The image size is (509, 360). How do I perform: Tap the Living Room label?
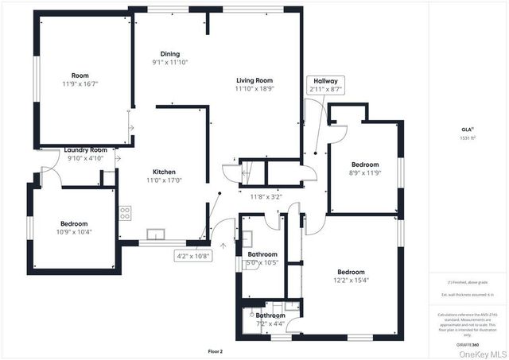[x=254, y=80]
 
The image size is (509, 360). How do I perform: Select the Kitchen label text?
[x=164, y=172]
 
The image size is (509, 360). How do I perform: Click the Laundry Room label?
[x=86, y=149]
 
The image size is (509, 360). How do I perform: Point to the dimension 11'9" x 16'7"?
[x=80, y=83]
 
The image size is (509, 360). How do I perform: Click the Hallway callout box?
[x=325, y=85]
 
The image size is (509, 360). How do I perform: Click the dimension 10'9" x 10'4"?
[x=74, y=232]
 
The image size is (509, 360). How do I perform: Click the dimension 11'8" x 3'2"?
[x=266, y=196]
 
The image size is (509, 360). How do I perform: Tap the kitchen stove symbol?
[x=125, y=212]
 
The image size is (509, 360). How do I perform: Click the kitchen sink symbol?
[x=156, y=234]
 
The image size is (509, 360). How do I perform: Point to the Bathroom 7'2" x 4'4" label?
[x=270, y=319]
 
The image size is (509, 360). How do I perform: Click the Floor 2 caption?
[x=215, y=350]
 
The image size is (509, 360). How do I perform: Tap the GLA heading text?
[x=467, y=128]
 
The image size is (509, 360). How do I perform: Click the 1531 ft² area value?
[x=467, y=137]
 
